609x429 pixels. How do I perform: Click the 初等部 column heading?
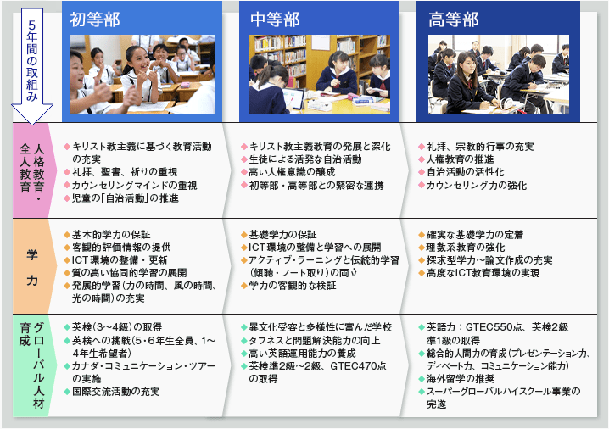(x=95, y=19)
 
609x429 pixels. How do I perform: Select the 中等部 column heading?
(x=275, y=19)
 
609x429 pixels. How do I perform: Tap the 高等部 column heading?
(x=453, y=19)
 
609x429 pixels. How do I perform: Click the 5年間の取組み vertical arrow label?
(x=32, y=61)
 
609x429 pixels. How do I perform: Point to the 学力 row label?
(x=32, y=268)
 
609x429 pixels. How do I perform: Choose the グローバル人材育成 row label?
(x=32, y=365)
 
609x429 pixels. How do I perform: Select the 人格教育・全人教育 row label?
(x=32, y=168)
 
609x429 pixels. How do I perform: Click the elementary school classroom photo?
(x=142, y=75)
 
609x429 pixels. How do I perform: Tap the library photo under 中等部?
(x=320, y=75)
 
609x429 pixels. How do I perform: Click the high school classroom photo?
(x=499, y=75)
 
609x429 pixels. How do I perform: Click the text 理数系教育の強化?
(x=466, y=248)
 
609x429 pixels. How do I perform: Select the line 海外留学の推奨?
(x=461, y=379)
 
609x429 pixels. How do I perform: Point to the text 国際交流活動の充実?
(x=115, y=392)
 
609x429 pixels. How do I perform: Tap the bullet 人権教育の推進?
(x=461, y=159)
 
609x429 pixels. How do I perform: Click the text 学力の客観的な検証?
(x=293, y=286)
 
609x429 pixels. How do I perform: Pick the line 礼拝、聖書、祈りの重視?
(x=125, y=172)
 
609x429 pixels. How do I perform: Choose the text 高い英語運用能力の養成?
(x=302, y=354)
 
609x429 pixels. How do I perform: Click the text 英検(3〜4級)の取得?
(x=117, y=327)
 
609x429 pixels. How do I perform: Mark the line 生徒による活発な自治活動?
(x=305, y=159)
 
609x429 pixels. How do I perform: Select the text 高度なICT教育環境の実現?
(x=483, y=273)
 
